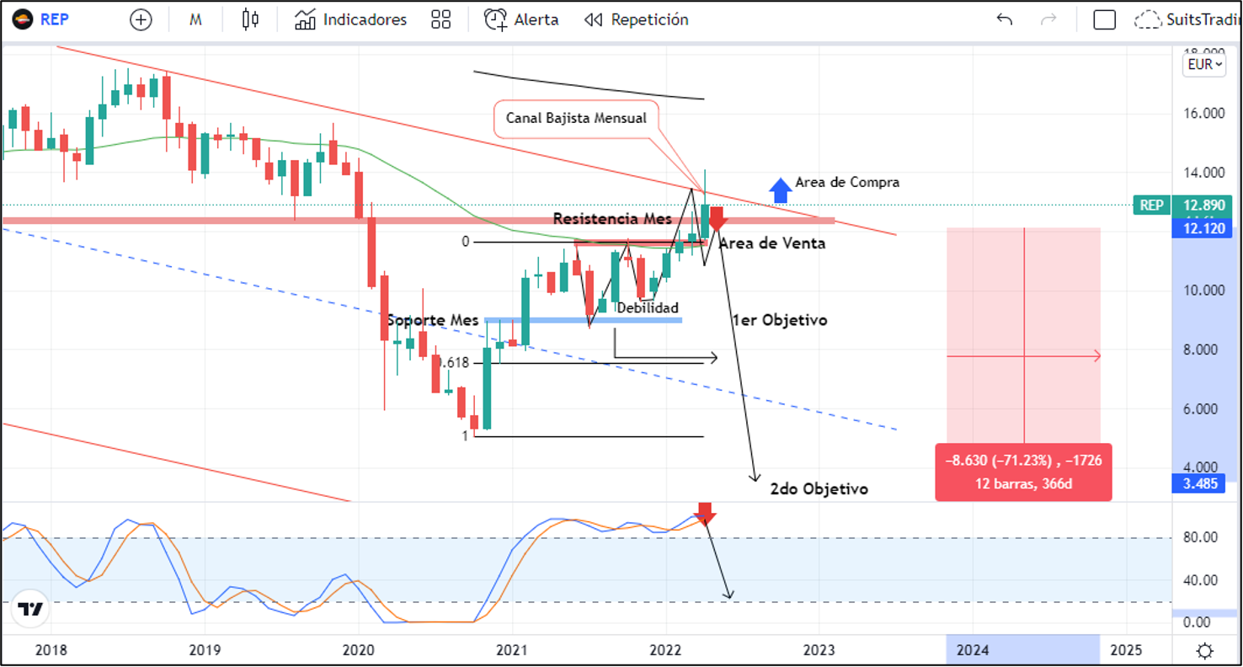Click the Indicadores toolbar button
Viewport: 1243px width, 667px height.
coord(351,19)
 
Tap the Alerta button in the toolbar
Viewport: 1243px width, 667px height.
coord(521,19)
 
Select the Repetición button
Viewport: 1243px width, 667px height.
coord(637,19)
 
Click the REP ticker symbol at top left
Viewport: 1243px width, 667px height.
coord(54,19)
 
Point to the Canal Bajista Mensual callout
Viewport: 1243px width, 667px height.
coord(576,118)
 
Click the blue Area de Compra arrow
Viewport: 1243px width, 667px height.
coord(781,189)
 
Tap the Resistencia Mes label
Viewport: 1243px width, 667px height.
coord(612,219)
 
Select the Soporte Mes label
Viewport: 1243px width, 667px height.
coord(433,320)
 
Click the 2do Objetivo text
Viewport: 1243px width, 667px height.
coord(819,488)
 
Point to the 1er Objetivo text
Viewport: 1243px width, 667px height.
coord(779,320)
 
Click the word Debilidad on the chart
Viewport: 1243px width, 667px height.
coord(648,308)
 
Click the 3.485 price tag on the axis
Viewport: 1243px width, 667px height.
coord(1201,484)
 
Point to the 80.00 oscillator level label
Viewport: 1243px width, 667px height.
coord(1198,537)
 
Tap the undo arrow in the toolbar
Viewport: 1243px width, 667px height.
coord(1004,19)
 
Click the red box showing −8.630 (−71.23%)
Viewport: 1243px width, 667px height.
coord(1023,472)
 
